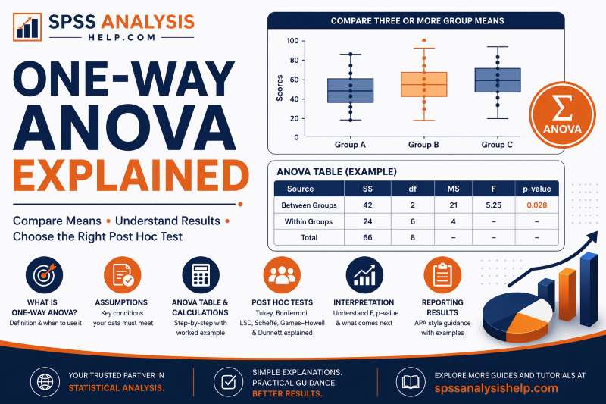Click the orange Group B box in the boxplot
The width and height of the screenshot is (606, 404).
click(423, 84)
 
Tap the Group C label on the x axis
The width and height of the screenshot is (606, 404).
click(497, 144)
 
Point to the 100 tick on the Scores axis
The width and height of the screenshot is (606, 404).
click(292, 41)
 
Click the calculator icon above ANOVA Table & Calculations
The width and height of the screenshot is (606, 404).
click(201, 275)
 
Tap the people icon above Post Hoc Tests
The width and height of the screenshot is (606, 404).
click(281, 275)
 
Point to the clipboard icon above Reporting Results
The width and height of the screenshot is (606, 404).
click(439, 275)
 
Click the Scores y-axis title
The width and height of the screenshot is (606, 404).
click(280, 88)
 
